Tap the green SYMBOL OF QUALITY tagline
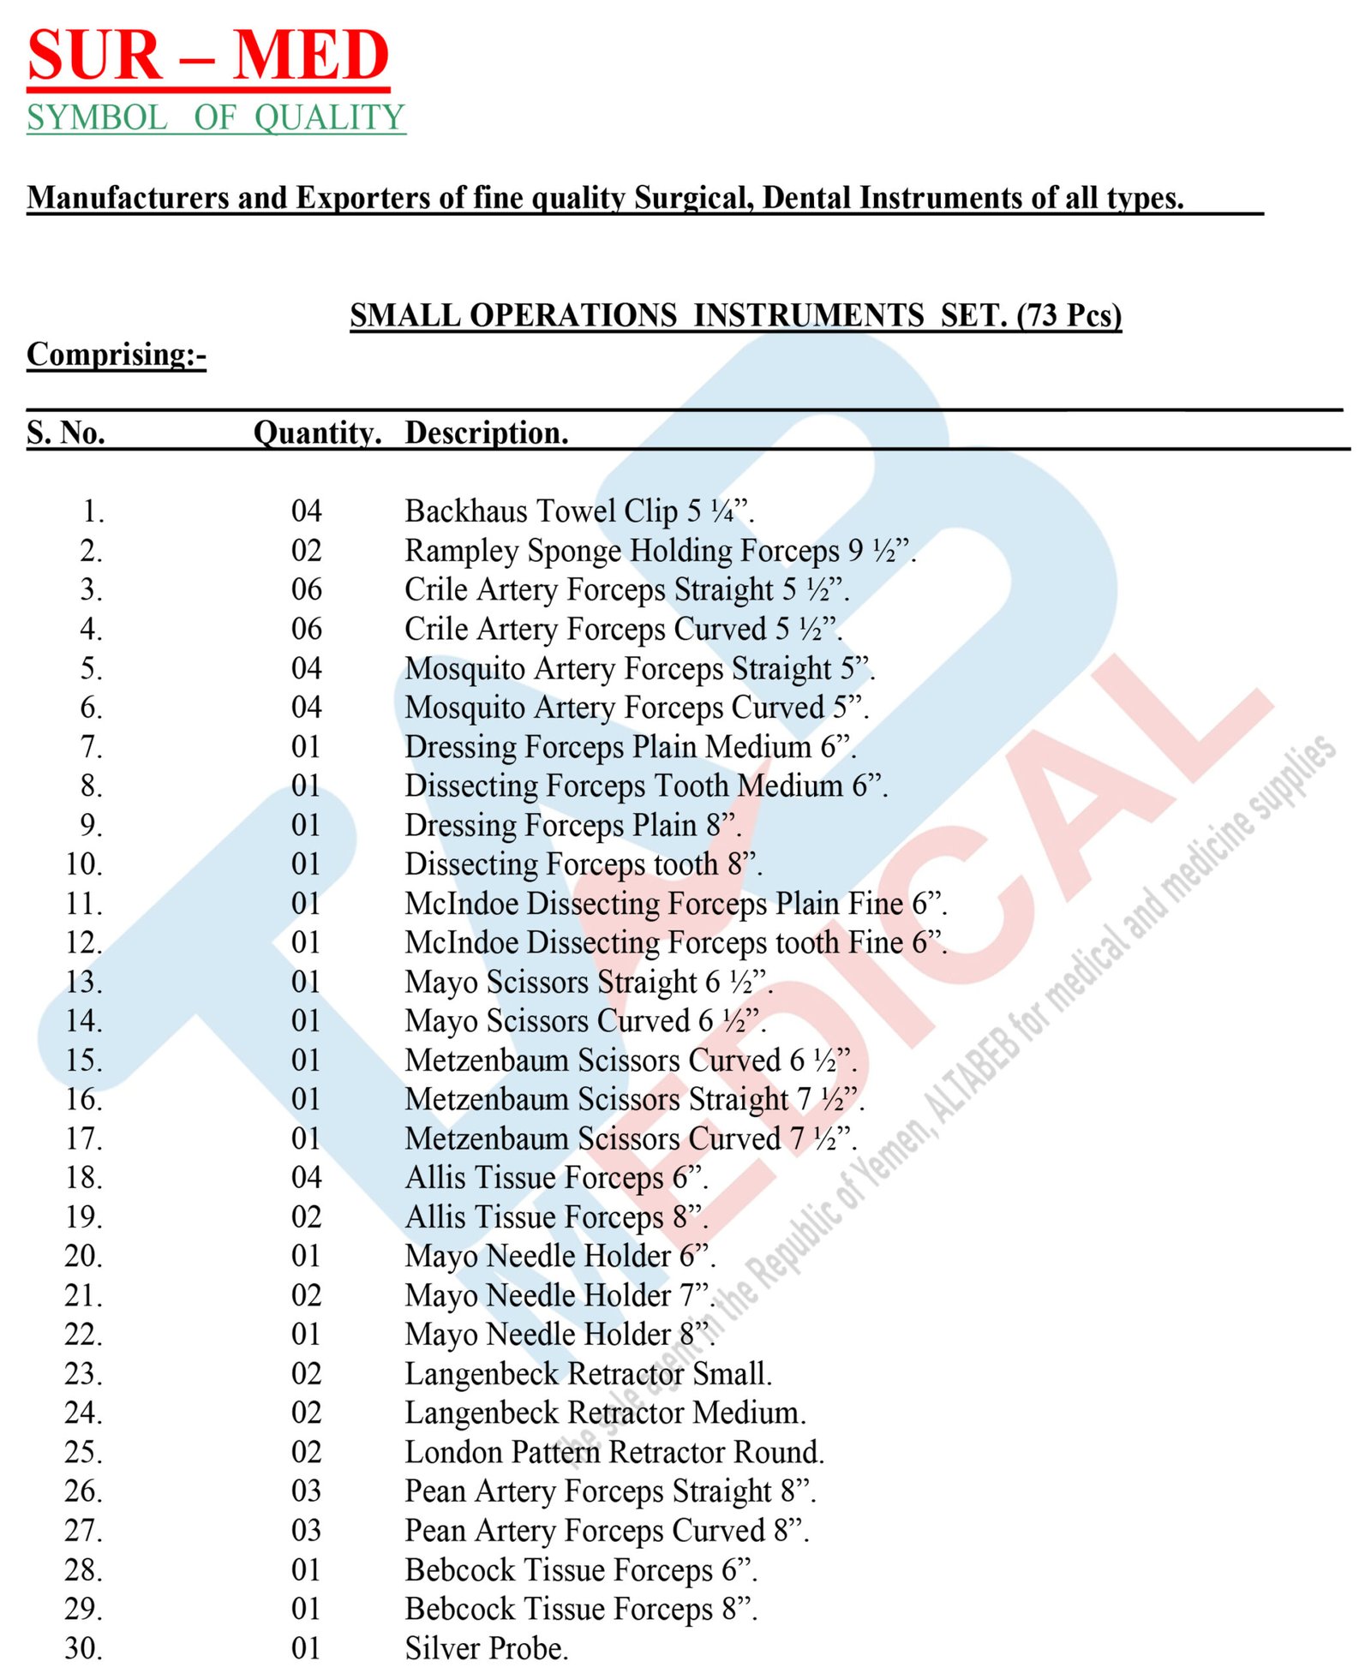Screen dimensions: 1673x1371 [215, 117]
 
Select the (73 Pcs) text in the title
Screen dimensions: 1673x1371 [1069, 315]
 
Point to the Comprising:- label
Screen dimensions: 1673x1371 [117, 355]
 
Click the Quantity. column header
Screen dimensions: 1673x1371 [317, 433]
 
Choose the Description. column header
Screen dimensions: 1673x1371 [486, 433]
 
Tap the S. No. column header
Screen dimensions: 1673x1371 [66, 433]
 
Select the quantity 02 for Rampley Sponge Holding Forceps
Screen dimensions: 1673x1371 [306, 550]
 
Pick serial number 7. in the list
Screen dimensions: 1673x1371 [91, 747]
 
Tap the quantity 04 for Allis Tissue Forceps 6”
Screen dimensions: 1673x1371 [306, 1178]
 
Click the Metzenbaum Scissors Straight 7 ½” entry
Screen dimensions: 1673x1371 [634, 1099]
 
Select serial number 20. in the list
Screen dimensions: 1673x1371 [84, 1256]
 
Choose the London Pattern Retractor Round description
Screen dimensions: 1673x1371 [614, 1452]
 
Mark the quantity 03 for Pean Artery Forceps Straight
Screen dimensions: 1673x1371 [306, 1491]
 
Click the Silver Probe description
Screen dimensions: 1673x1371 [486, 1648]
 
